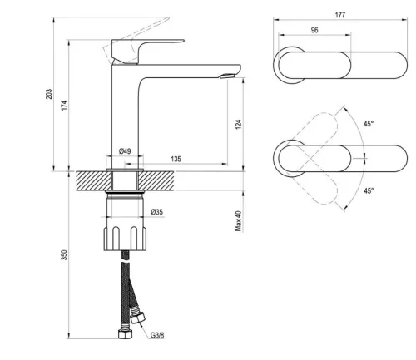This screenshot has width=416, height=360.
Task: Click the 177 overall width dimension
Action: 340,16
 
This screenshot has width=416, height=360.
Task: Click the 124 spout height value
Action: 238,124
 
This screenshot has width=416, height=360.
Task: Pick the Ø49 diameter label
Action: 126,150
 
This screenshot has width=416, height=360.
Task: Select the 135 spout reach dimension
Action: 177,158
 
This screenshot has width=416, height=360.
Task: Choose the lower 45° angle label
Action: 369,190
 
